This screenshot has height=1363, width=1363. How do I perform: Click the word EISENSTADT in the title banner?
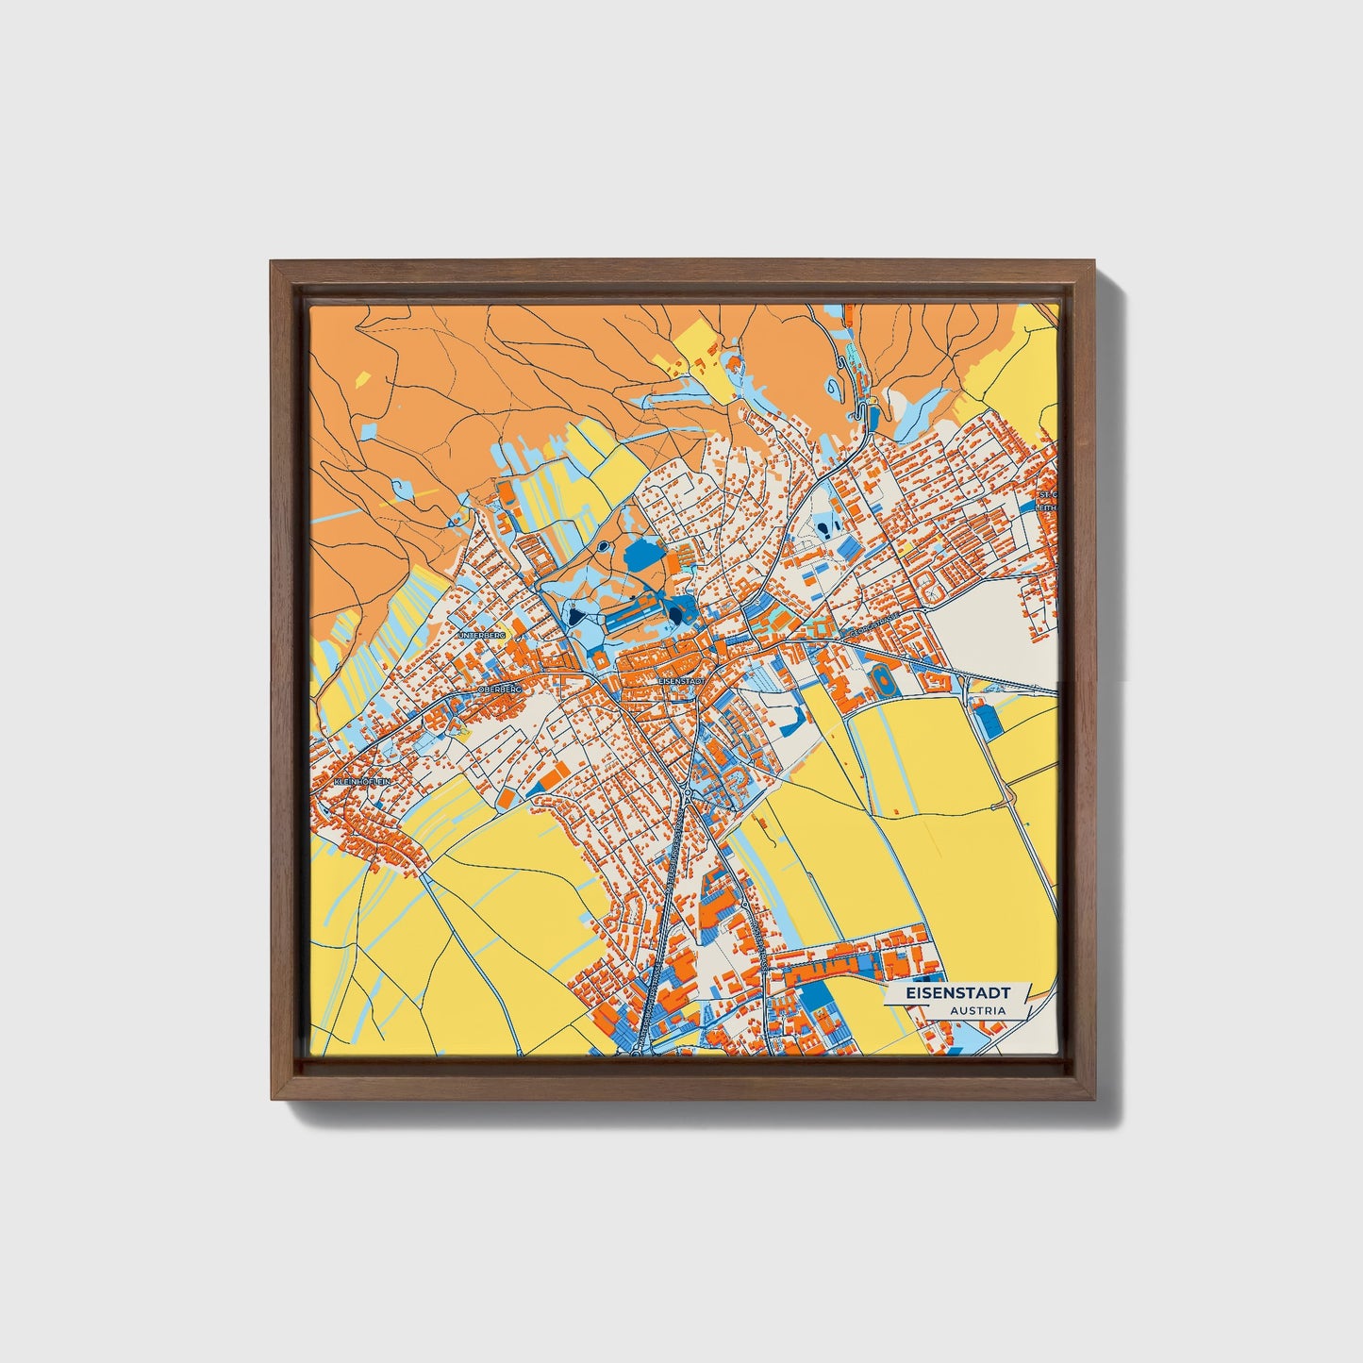click(957, 993)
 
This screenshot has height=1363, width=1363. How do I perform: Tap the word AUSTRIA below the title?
click(977, 1010)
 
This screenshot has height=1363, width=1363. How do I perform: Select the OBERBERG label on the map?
click(499, 690)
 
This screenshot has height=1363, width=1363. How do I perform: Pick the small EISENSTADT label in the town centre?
click(681, 679)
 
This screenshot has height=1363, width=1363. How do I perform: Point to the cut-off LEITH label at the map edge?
click(1047, 507)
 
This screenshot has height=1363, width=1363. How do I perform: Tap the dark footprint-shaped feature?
click(828, 526)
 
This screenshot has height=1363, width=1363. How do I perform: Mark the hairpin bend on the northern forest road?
click(859, 411)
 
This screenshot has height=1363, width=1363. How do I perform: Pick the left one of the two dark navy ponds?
click(573, 618)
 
